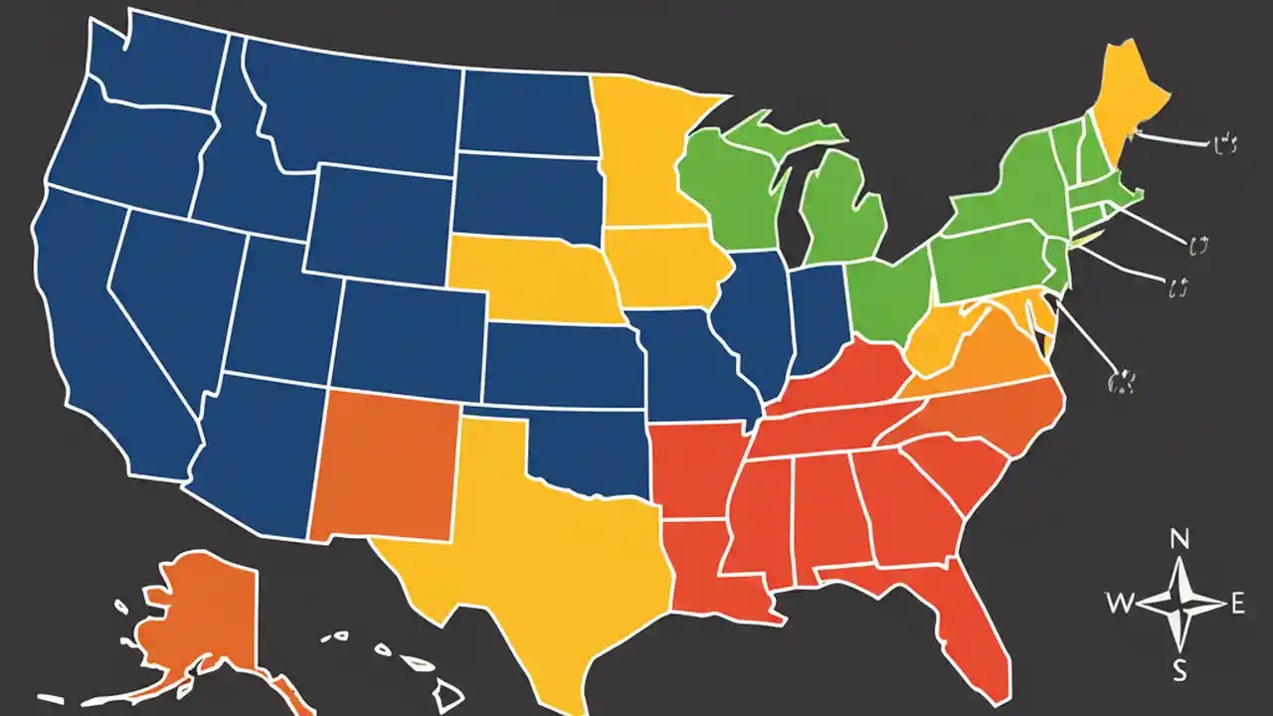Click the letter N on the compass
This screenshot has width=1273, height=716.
[x=1181, y=540]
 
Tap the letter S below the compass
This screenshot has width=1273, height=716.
[x=1181, y=671]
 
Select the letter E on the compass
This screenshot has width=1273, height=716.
[x=1238, y=602]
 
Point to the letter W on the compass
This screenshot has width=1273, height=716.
[x=1118, y=602]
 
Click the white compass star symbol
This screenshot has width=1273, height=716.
[x=1181, y=603]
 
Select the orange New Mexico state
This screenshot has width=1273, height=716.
[x=388, y=467]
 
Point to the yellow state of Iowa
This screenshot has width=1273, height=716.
[x=661, y=264]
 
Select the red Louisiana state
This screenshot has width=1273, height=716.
[x=706, y=567]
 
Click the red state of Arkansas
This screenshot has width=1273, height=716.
[x=696, y=467]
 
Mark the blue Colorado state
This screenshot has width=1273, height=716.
[x=408, y=328]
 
